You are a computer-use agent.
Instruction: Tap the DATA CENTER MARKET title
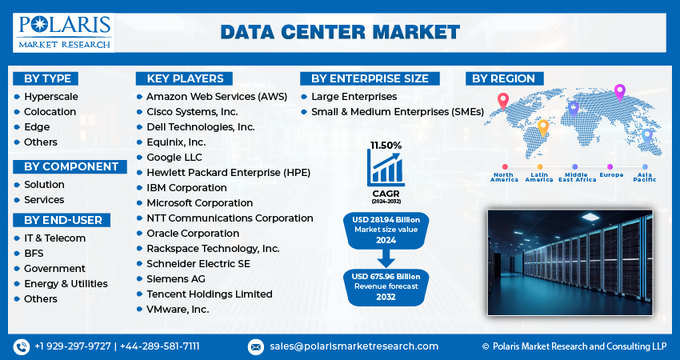(340, 31)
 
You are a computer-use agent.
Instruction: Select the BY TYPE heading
(47, 78)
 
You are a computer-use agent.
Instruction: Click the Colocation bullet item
(50, 112)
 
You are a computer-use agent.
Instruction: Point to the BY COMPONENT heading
(70, 166)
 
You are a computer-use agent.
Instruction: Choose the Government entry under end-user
(54, 269)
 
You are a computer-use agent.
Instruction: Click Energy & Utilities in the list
(66, 284)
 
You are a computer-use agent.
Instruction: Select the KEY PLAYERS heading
(184, 78)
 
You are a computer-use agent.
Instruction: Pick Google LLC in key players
(174, 158)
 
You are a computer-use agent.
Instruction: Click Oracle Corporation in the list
(193, 234)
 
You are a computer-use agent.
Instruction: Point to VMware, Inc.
(178, 310)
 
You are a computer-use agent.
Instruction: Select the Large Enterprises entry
(354, 97)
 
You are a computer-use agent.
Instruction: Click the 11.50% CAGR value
(386, 146)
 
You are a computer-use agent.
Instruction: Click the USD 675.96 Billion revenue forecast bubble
(386, 286)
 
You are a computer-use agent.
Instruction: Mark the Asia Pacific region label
(646, 177)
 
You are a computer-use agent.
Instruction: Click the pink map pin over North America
(502, 101)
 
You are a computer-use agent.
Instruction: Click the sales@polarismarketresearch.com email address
(353, 346)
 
